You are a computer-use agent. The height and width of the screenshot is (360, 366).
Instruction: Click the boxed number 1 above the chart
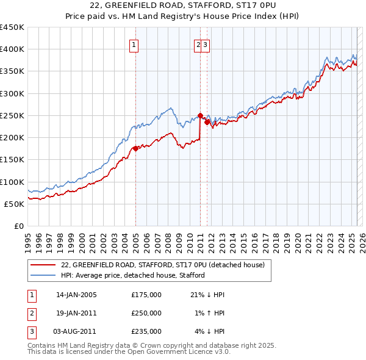133,44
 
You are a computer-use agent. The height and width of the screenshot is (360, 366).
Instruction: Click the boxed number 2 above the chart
198,44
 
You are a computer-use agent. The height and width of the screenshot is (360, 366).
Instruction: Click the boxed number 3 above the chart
206,44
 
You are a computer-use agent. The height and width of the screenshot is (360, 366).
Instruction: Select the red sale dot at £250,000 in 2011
200,115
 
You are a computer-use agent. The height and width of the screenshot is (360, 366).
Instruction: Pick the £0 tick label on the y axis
19,226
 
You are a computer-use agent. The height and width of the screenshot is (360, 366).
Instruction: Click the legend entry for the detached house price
162,265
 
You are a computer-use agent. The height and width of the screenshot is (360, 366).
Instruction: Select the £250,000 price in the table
146,314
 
